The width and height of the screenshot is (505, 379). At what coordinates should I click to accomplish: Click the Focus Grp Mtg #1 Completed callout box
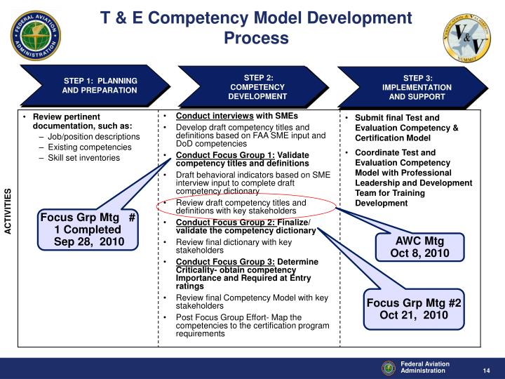point(88,230)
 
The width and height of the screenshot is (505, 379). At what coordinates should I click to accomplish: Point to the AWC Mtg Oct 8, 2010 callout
point(419,247)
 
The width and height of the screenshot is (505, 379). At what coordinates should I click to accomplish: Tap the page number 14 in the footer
point(485,371)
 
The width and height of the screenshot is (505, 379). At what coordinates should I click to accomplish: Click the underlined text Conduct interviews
point(215,116)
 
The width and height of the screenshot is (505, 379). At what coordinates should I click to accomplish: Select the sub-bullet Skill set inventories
point(83,158)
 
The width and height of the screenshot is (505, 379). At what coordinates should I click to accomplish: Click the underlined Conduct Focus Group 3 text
point(215,262)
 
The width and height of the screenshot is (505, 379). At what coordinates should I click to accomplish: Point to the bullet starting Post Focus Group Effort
point(239,326)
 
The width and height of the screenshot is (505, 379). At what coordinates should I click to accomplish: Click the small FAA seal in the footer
point(388,367)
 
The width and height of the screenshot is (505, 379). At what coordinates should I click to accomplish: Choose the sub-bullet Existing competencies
point(89,147)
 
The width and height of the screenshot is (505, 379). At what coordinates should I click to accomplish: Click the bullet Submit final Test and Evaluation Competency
point(407,128)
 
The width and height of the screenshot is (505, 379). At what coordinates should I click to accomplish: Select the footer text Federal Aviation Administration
point(425,367)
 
